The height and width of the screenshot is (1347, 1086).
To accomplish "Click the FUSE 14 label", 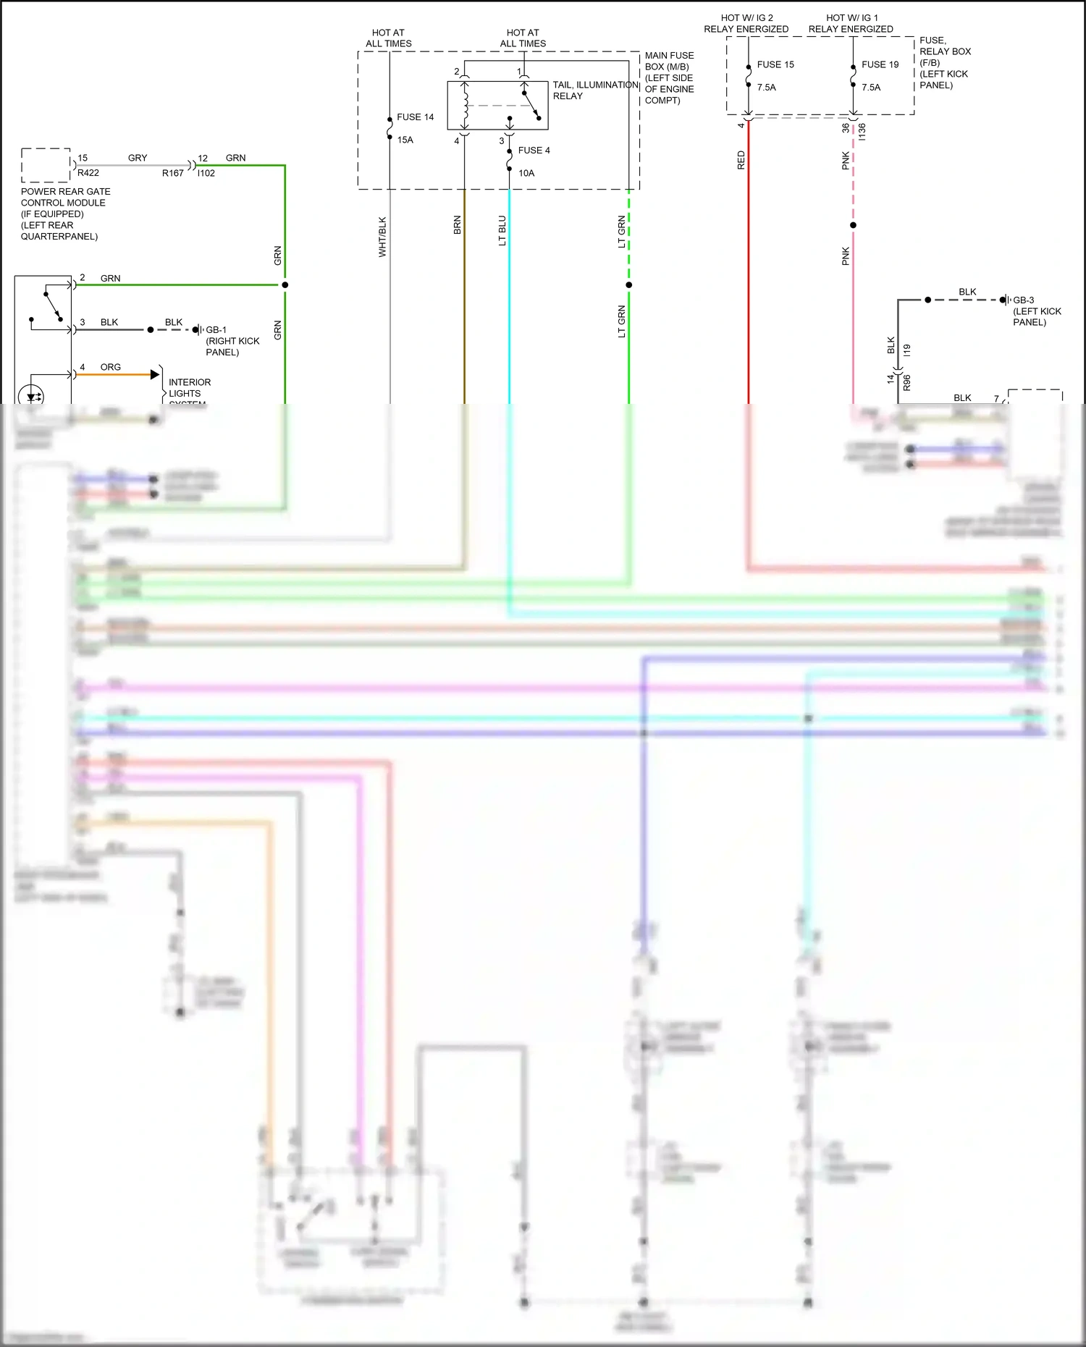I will pos(415,117).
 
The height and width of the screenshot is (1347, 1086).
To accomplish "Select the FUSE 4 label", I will pos(534,151).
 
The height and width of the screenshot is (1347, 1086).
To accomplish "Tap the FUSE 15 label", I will pos(775,64).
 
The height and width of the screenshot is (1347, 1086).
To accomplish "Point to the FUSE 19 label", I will pos(880,64).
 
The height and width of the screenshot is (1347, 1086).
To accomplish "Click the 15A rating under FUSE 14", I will pos(405,140).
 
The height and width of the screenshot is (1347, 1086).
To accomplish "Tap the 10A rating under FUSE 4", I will pos(526,173).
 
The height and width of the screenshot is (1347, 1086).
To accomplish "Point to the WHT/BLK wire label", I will pos(382,237).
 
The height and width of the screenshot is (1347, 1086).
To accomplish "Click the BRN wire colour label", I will pos(457,225).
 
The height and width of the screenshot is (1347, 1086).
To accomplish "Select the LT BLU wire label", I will pos(502,231).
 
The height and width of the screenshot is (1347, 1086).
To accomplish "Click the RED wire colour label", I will pos(741,160).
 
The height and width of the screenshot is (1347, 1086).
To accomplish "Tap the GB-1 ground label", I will pos(216,330).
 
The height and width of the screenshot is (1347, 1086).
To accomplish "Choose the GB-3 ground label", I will pos(1023,300).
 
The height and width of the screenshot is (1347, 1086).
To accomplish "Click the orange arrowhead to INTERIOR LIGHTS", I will pos(154,374).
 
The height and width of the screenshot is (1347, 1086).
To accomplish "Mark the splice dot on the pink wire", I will pos(853,225).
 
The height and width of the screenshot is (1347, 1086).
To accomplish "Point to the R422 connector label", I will pos(88,173).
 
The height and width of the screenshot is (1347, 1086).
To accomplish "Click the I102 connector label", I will pos(206,173).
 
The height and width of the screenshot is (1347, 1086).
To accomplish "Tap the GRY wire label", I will pos(138,158).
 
